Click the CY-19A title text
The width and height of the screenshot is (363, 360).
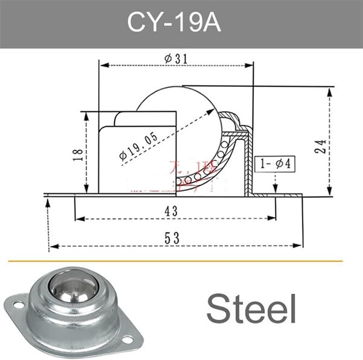click(x=174, y=23)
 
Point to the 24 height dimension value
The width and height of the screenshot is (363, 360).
click(x=321, y=147)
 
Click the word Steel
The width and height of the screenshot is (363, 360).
click(x=251, y=307)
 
